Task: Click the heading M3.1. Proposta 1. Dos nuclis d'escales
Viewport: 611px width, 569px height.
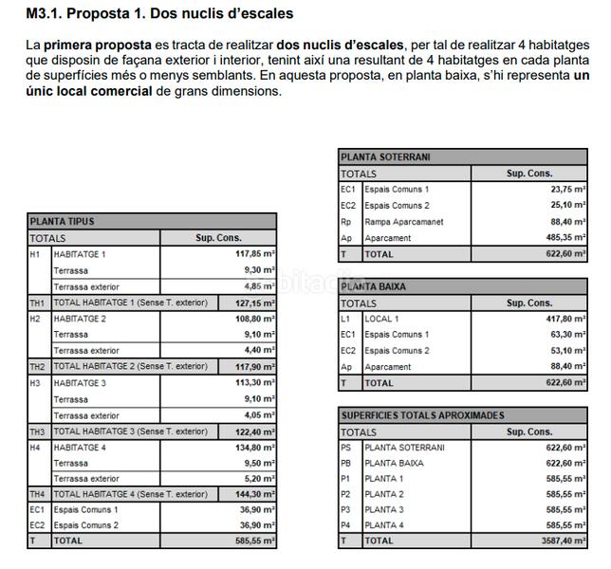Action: (x=159, y=14)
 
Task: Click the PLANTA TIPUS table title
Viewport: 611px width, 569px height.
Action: (x=63, y=222)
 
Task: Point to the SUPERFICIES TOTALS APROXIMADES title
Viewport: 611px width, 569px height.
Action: (x=423, y=415)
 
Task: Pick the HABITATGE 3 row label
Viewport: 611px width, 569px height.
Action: (x=81, y=383)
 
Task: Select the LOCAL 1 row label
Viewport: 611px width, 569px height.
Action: (x=382, y=319)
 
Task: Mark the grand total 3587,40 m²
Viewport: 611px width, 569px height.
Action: (x=564, y=541)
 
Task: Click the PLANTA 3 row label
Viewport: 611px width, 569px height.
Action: (x=384, y=509)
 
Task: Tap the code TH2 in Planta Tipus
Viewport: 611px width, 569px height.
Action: (x=38, y=367)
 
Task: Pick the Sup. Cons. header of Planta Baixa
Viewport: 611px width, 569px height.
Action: (x=528, y=303)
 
